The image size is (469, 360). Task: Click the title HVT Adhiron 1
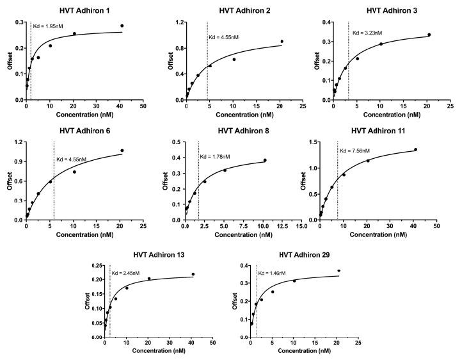point(84,11)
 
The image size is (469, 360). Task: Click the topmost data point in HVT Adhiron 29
point(338,270)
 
